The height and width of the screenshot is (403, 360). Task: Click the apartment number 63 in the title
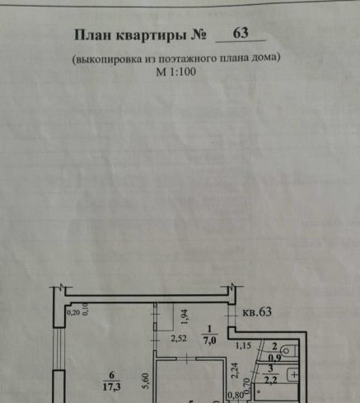[x=241, y=33]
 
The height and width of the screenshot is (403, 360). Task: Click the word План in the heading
[x=92, y=35]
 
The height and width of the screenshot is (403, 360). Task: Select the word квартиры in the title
[x=151, y=36]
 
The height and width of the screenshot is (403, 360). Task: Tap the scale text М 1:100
[x=176, y=72]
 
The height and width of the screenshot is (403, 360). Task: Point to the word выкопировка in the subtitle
[x=109, y=59]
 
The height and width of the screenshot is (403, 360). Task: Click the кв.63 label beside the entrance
[x=257, y=312]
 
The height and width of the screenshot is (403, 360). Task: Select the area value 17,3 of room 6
[x=111, y=387]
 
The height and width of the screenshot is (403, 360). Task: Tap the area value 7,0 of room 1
[x=209, y=340]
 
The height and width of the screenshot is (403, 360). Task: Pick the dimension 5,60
[x=146, y=381]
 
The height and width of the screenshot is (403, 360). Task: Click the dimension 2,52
[x=179, y=339]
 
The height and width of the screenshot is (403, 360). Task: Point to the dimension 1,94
[x=185, y=317]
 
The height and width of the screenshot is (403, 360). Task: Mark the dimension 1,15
[x=243, y=345]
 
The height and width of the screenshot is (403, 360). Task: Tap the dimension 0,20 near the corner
[x=73, y=312]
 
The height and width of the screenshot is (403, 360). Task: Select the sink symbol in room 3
[x=292, y=375]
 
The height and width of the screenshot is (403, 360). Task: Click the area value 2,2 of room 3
[x=270, y=381]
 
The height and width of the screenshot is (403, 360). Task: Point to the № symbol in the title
[x=199, y=35]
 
